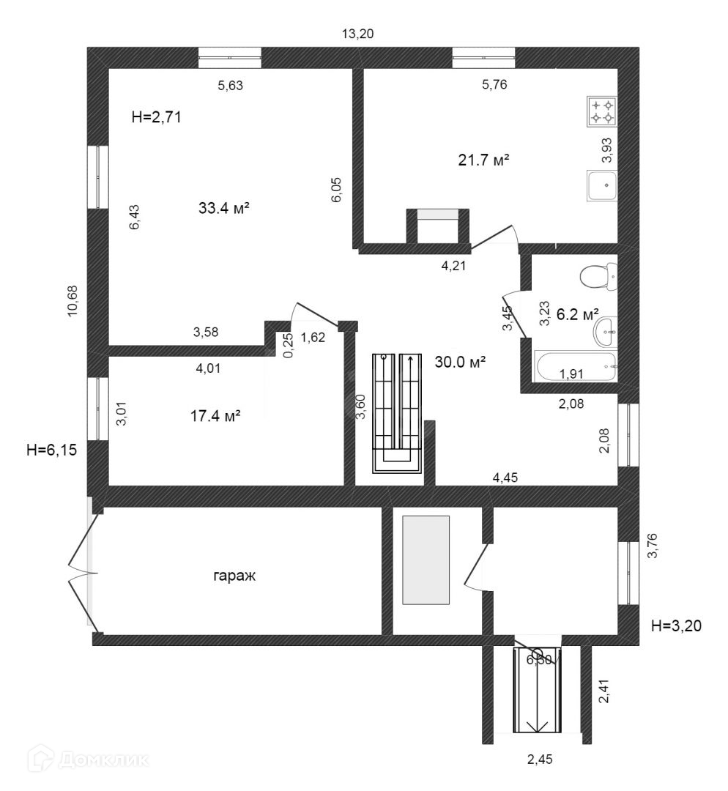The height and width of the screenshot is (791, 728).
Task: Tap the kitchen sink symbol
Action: (x=602, y=186)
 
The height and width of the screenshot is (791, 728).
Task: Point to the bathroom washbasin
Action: (x=606, y=333)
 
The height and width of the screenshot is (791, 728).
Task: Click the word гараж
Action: (x=234, y=576)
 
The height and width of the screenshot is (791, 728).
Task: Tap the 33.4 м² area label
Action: (x=224, y=209)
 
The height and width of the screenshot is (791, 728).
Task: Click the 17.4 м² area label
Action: (x=215, y=417)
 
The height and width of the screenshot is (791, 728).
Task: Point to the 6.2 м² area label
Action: (x=578, y=315)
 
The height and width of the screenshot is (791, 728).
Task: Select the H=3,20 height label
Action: (x=677, y=625)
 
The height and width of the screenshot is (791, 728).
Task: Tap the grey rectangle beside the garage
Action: (x=426, y=560)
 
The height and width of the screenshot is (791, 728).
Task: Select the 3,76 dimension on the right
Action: (x=654, y=546)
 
